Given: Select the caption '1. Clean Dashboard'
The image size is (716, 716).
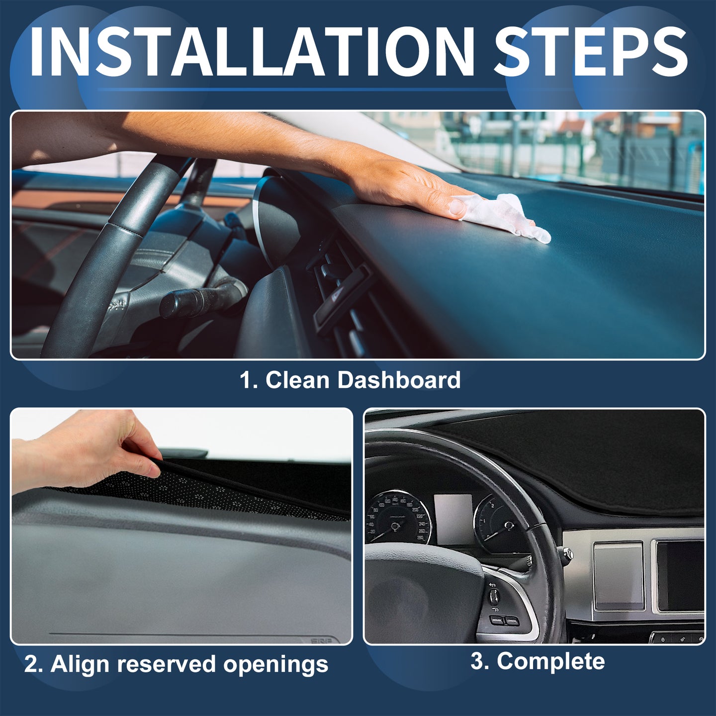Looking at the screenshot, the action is click(x=351, y=380).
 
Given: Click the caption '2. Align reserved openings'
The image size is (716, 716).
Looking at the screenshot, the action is click(x=176, y=664).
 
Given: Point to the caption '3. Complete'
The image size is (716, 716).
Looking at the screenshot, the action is click(x=537, y=661).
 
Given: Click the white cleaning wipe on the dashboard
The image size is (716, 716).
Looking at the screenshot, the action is click(x=509, y=217).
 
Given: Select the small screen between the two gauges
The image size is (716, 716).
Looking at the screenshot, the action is click(x=453, y=518).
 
